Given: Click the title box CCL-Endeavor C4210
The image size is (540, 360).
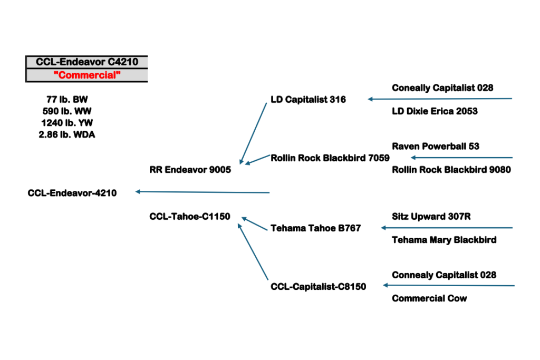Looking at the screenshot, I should pos(86,62).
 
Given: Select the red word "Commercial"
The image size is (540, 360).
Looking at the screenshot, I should pos(86,75).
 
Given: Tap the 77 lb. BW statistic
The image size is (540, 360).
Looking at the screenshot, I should pos(67,99).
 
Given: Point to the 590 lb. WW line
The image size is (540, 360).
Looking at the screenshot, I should pos(67,111).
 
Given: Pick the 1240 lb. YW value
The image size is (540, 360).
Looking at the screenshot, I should pos(67,123).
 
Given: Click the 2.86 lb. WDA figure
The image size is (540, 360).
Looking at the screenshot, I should pos(67,134).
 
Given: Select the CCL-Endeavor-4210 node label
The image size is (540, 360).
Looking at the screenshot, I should pos(72,193).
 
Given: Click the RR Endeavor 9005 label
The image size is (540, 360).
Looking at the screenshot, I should pos(190,170).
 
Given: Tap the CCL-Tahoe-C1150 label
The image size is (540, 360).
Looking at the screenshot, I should pos(190,216).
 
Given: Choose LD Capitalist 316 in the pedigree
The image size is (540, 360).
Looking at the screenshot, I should pos(308,99).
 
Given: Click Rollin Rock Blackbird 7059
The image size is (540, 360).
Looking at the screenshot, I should pos(330,158).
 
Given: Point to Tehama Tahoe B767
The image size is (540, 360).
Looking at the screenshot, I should pos(315,228).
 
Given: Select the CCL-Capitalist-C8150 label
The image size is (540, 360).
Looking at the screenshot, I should pos(318,287).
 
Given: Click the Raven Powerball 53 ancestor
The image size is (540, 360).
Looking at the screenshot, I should pos(436,146).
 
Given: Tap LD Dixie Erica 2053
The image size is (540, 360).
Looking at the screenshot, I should pos(435,111).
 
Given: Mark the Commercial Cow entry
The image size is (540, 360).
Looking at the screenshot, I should pos(429,298).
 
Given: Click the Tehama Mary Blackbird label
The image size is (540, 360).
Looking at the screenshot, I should pos(444,240).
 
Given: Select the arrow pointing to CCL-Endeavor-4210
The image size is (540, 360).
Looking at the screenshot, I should pos(202,192).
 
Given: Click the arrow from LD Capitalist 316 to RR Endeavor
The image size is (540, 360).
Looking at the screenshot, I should pos(254,133).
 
